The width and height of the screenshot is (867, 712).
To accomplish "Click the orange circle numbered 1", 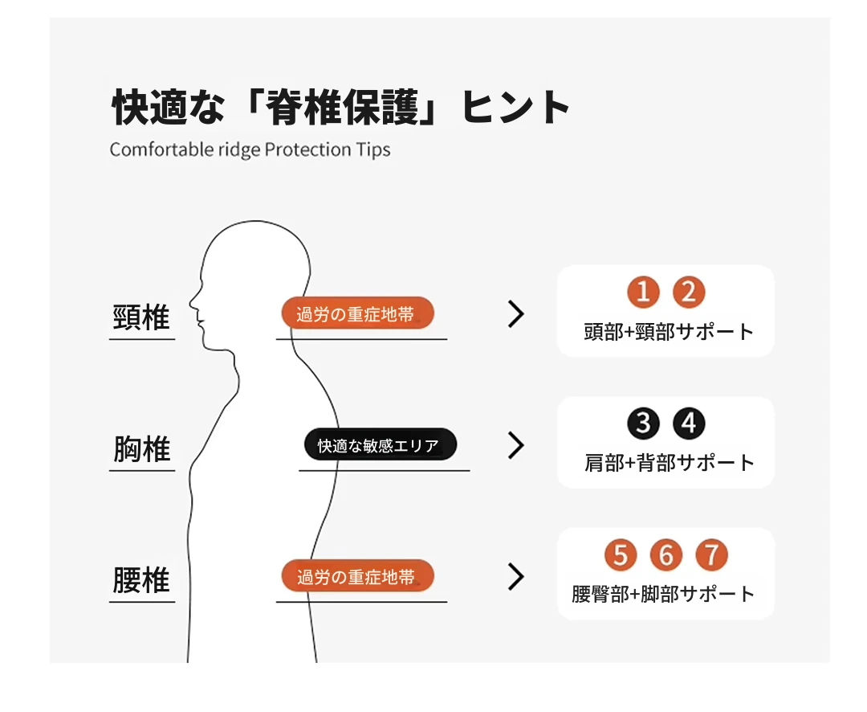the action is tap(643, 292).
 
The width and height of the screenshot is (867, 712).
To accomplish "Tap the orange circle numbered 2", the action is tap(689, 292).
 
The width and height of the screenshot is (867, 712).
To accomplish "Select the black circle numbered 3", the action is tap(643, 424).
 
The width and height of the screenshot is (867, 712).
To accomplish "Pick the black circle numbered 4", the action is tap(689, 424).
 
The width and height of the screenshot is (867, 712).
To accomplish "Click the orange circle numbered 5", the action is tap(621, 554).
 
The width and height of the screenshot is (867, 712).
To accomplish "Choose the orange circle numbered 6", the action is tap(666, 554).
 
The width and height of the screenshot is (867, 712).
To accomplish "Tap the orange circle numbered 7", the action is tap(711, 554).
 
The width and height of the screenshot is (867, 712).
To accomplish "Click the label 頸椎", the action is tap(141, 317).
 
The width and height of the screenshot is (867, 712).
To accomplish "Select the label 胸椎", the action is tap(141, 448).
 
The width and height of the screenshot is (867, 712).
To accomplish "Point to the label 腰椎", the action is tap(141, 579).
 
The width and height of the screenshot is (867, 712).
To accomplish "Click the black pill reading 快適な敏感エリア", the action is tap(381, 444).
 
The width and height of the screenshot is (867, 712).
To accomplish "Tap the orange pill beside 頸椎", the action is tap(358, 313).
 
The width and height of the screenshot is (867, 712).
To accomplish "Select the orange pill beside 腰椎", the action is tap(358, 576).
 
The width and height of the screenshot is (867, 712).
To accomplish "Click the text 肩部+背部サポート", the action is tap(669, 463).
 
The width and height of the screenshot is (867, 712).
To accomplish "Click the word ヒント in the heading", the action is tap(515, 107).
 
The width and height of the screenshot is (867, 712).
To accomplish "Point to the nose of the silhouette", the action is tap(191, 303).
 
